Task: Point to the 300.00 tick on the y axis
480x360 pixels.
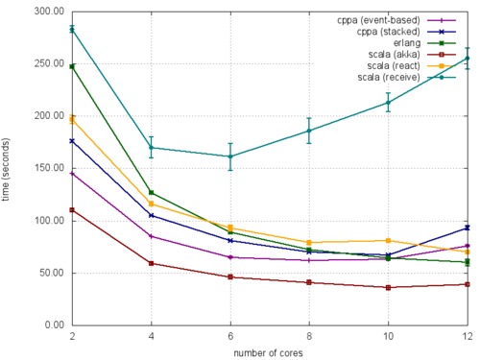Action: (45, 12)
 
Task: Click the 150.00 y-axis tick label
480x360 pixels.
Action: (45, 168)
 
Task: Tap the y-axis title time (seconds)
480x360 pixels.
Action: (9, 168)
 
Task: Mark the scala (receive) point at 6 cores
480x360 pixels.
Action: (230, 156)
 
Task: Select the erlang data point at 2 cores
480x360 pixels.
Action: (72, 66)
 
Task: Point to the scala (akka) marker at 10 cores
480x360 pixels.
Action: (388, 287)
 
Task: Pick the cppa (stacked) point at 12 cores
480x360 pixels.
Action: (468, 228)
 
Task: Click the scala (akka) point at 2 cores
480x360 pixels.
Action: (72, 209)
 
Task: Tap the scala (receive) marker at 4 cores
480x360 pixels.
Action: (152, 148)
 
